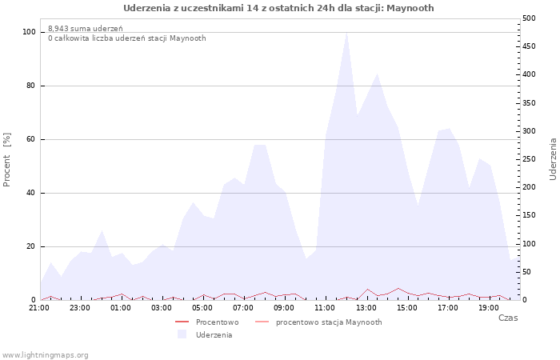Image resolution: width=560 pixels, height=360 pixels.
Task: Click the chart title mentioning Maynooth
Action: (x=278, y=8)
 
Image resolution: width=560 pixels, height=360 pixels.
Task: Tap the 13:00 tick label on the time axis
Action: (x=366, y=308)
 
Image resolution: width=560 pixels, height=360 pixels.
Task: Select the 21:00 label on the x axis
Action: (x=39, y=308)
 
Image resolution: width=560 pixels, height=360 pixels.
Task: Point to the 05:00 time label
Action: (x=202, y=308)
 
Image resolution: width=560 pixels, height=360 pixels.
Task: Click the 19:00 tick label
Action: (x=489, y=308)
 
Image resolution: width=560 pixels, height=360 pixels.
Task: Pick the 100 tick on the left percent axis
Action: (x=29, y=32)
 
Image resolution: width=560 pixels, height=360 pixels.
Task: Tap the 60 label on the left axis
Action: (x=30, y=139)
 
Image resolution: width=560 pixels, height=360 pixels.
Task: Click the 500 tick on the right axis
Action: (x=529, y=18)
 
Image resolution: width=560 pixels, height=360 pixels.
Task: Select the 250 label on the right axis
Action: (x=529, y=159)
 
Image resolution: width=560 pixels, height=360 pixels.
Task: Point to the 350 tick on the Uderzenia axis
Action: (x=529, y=103)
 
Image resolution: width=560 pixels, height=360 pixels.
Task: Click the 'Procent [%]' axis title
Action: (x=6, y=160)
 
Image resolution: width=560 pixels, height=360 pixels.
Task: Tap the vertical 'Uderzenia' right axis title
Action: (x=553, y=159)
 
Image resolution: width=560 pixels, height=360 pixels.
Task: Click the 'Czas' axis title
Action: (x=508, y=318)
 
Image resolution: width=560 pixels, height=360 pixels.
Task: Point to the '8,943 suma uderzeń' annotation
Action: (x=86, y=29)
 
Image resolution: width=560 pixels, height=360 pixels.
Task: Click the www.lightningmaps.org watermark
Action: (x=45, y=355)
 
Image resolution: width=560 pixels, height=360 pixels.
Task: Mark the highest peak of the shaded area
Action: (x=346, y=33)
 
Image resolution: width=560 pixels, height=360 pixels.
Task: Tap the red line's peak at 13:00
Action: (x=367, y=289)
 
